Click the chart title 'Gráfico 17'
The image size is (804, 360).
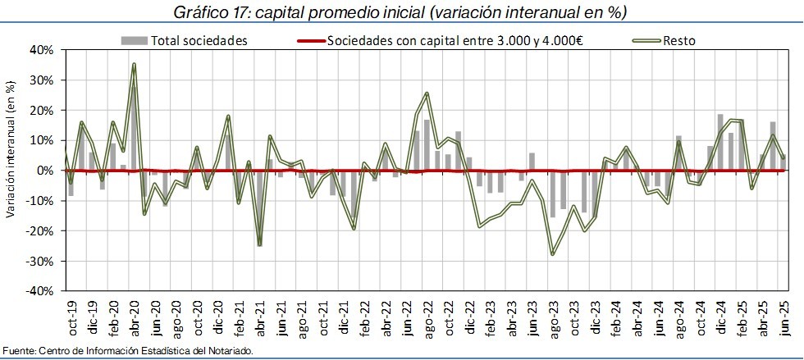401,12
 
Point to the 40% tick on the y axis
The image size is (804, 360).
41,50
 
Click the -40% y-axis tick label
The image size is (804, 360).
39,291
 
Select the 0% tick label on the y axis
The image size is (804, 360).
44,171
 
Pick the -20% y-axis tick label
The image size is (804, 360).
39,231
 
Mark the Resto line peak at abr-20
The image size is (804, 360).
134,64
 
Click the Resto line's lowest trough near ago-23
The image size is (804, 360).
552,254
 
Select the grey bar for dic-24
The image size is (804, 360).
719,143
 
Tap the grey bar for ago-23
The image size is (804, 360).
552,194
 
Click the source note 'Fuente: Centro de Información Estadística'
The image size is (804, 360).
128,351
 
